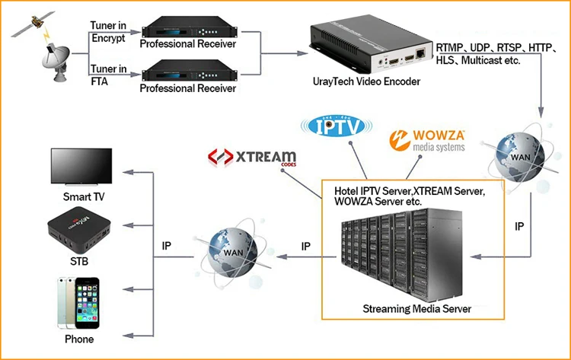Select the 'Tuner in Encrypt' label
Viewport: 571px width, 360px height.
coord(110,31)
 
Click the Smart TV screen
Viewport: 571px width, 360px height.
coord(82,166)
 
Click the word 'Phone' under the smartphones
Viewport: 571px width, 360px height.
coord(79,339)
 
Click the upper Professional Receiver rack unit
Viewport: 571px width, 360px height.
coord(186,32)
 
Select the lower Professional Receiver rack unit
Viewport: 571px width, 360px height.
coord(186,73)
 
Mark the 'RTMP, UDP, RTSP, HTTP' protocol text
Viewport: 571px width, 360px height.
coord(493,47)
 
